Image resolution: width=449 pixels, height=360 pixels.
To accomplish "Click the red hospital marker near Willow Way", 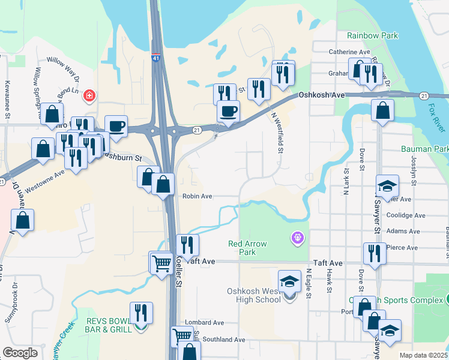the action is tap(89, 95).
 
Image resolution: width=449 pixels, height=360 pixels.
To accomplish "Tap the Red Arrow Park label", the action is tap(247, 248).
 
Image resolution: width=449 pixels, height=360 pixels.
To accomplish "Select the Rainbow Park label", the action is tap(372, 36).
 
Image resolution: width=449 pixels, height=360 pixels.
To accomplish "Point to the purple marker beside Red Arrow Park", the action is tap(296, 239).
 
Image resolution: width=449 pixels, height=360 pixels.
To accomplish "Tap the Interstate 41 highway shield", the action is tap(156, 59).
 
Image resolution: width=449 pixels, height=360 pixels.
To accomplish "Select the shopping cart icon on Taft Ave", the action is tap(161, 263).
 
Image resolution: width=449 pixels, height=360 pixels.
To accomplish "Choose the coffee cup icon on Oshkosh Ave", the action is tap(228, 112).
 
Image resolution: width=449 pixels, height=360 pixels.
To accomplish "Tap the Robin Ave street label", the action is tap(197, 196).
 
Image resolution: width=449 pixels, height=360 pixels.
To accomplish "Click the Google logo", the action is tap(20, 353).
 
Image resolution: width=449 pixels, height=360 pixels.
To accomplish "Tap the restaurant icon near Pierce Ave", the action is tap(375, 253).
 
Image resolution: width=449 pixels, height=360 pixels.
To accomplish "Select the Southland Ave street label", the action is tap(223, 340).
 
